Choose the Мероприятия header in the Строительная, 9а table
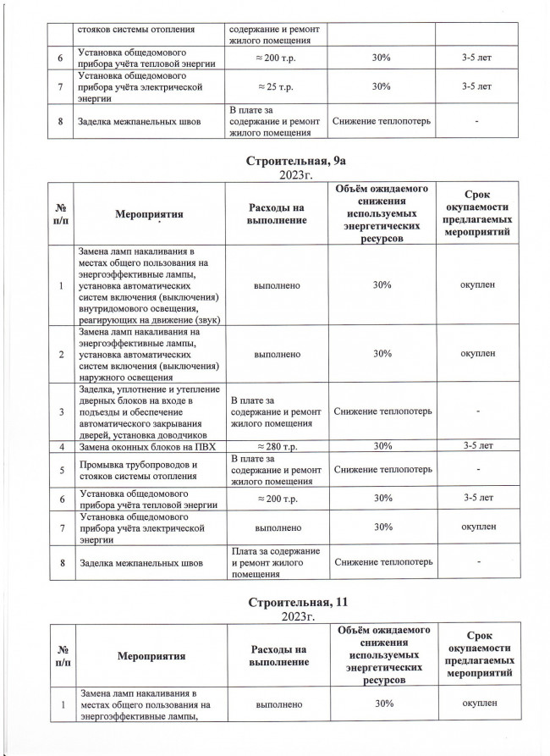pos(146,216)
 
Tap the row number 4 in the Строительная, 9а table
pos(62,445)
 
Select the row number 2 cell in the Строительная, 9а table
pos(62,354)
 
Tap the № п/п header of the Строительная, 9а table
pos(62,216)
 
